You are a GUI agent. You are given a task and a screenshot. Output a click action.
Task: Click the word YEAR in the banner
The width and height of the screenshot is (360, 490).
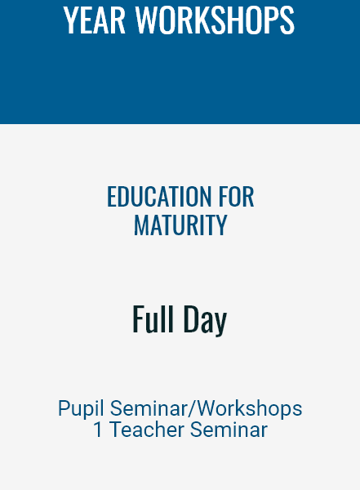pos(95,20)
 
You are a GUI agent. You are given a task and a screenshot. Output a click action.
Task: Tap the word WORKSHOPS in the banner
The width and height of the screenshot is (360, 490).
pos(215,20)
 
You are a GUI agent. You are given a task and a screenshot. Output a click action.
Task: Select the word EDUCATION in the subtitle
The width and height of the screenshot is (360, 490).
pos(159,197)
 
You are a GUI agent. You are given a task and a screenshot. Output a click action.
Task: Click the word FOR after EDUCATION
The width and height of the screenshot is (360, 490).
pos(236,197)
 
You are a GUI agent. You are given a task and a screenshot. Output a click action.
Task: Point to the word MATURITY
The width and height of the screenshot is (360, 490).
pos(180,225)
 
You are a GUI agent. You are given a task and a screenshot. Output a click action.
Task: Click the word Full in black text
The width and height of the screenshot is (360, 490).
pos(153,318)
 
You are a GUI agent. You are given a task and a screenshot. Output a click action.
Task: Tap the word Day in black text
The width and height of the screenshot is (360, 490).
pos(205,320)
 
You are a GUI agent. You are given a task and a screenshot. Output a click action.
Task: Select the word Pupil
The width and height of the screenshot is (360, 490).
pos(81,409)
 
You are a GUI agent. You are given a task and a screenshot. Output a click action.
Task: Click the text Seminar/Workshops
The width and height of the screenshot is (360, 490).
pos(207,408)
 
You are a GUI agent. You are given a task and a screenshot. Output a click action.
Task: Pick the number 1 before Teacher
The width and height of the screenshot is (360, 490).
pos(98,430)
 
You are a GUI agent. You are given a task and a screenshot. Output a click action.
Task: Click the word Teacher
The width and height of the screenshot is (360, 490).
pos(148,430)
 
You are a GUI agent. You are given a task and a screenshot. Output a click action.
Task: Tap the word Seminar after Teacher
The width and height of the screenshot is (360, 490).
pos(229,430)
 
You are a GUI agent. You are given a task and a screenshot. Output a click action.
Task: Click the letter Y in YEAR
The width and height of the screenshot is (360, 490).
pos(71,20)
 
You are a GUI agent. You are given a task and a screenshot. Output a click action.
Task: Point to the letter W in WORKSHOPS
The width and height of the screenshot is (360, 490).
pos(146,20)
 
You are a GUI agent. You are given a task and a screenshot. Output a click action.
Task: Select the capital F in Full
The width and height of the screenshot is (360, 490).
pos(138,318)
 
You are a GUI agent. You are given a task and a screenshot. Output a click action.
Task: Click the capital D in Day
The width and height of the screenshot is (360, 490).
pos(190,318)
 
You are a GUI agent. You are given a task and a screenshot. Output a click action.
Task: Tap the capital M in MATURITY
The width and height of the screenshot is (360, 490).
pos(140,225)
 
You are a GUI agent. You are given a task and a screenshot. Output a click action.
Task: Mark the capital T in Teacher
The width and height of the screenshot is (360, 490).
pos(118,430)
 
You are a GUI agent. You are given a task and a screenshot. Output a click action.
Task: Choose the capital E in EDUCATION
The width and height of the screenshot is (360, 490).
pos(112,197)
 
